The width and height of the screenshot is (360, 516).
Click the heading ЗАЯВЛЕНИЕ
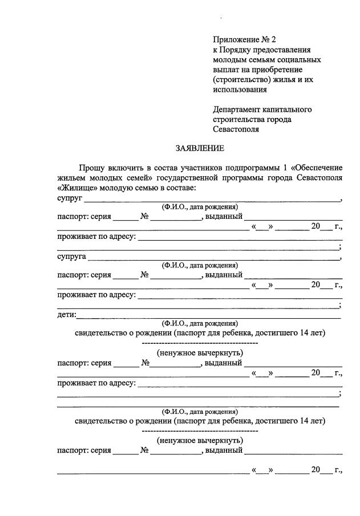click(x=200, y=148)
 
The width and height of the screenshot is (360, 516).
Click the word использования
click(x=240, y=90)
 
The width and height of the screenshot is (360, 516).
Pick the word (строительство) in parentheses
click(x=240, y=79)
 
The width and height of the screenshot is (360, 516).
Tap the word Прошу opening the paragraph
click(x=91, y=168)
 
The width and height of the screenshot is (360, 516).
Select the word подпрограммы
click(x=252, y=168)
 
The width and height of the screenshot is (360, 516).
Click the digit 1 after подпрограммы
click(x=285, y=168)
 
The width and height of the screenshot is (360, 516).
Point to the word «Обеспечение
click(x=317, y=168)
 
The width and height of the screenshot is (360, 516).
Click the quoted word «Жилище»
click(x=77, y=188)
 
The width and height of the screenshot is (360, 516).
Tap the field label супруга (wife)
click(x=72, y=257)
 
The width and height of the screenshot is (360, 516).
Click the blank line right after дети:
click(x=208, y=316)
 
